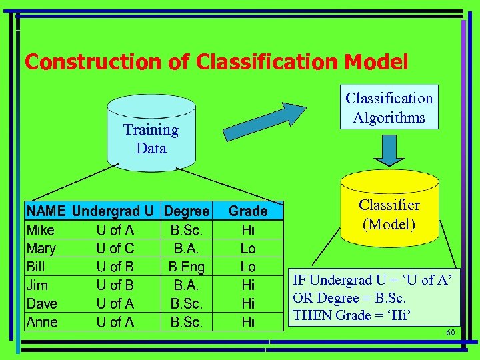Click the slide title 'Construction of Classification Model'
[216, 62]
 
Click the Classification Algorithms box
[389, 107]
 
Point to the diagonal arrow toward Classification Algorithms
[265, 121]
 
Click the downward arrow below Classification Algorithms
[389, 151]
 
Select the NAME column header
[45, 211]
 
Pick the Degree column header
[187, 211]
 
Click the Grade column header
[248, 211]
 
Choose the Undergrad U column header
[113, 211]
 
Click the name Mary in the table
[41, 249]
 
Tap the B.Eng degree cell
[187, 267]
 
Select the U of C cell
[115, 249]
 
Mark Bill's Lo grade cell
[248, 267]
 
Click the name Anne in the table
[42, 322]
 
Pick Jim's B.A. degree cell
[187, 285]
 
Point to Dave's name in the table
[42, 304]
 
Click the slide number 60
[450, 333]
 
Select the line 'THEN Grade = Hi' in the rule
[351, 315]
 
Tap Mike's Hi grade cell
[248, 231]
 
